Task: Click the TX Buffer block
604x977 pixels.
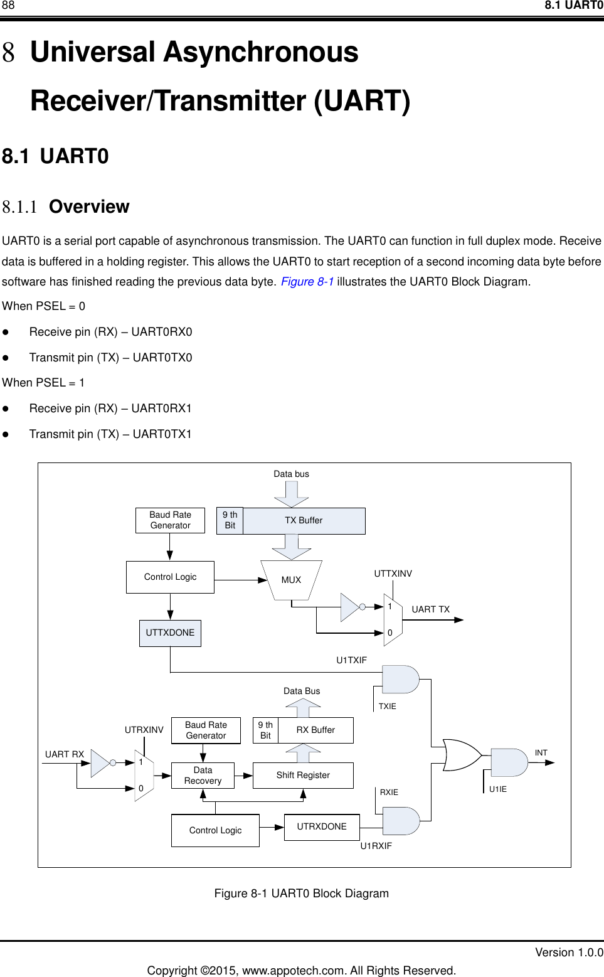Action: coord(304,521)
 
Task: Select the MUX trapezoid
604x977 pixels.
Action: coord(291,580)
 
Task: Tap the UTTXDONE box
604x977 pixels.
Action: coord(170,633)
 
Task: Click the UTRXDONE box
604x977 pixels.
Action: coord(322,827)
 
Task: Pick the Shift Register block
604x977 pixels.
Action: coord(303,776)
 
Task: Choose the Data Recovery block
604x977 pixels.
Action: coord(203,776)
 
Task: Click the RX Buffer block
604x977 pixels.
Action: coord(315,730)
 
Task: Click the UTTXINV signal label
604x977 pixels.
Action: coord(393,574)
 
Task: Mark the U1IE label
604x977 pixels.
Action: coord(498,789)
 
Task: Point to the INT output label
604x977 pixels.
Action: coord(541,753)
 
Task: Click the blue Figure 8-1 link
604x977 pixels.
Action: coord(307,282)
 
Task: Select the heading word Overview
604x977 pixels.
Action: coord(89,207)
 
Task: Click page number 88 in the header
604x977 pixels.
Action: coord(8,6)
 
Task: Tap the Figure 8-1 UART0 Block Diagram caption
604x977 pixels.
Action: coord(301,894)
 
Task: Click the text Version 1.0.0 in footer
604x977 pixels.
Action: coord(569,953)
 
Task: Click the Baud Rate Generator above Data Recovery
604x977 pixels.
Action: coord(206,730)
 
